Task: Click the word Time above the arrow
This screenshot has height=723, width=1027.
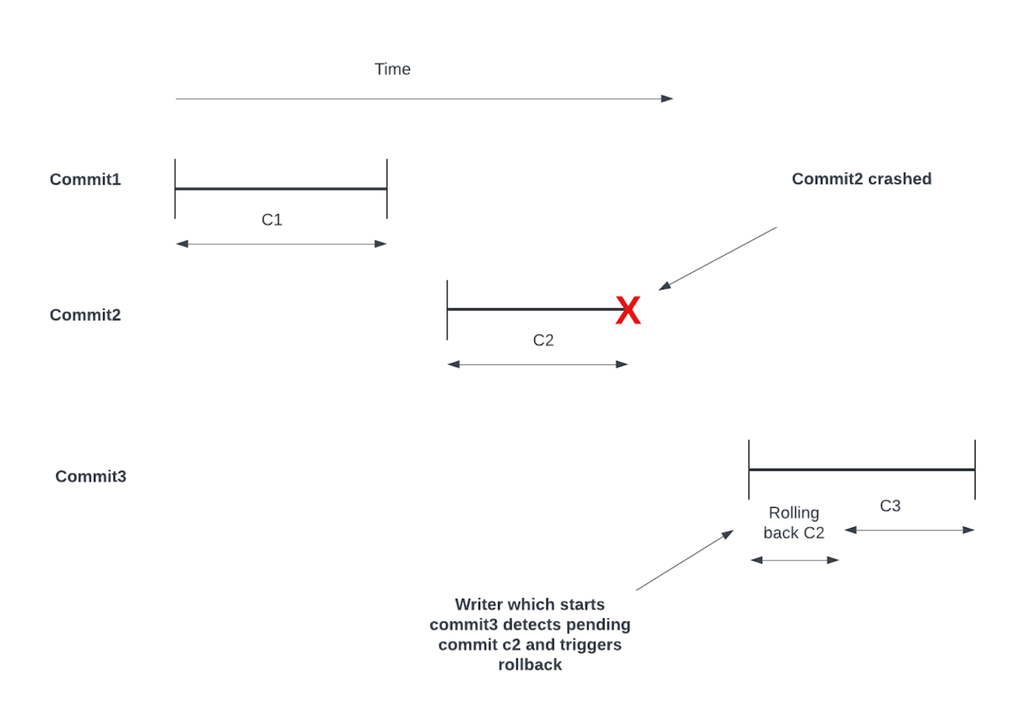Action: coord(392,69)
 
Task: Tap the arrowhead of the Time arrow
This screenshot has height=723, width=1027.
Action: coord(667,99)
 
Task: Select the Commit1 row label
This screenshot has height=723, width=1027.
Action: coord(85,180)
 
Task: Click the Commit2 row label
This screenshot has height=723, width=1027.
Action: coord(85,315)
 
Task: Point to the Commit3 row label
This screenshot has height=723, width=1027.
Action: coord(90,477)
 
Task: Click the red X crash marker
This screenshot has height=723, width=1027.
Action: coord(628,311)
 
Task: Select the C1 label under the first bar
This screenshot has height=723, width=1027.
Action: coord(272,220)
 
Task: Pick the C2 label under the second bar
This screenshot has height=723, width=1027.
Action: coord(543,340)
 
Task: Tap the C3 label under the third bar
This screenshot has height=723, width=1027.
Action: coord(890,506)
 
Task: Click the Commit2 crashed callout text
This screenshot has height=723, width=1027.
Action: coord(861,179)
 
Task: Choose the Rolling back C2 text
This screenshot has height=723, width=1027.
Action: coord(794,523)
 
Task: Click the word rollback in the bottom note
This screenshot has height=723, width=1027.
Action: coord(529,665)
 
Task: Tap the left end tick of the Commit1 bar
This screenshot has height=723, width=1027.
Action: coord(175,188)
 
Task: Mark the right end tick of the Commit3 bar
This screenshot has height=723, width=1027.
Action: coord(975,470)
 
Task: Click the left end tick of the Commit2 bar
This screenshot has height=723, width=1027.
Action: coord(447,310)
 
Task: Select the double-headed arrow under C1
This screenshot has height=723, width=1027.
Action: coord(281,244)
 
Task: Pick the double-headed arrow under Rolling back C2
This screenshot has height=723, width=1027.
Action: coord(794,560)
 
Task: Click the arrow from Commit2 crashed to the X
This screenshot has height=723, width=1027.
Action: coord(718,258)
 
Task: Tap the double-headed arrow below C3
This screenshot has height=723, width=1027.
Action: coord(909,530)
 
